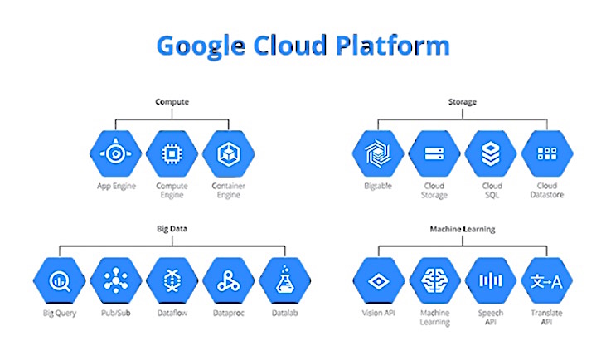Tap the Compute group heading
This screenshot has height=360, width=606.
click(172, 102)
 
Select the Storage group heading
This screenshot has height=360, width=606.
click(463, 102)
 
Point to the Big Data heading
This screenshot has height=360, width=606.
click(170, 226)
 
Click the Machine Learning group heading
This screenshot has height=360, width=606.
click(462, 226)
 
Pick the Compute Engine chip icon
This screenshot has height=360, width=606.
click(171, 153)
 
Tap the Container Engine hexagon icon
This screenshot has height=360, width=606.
click(227, 153)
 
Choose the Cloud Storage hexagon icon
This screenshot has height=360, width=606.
click(434, 153)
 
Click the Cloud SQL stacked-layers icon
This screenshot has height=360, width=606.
click(491, 153)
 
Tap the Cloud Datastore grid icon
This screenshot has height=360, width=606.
click(546, 153)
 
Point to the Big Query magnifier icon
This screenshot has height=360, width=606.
click(59, 280)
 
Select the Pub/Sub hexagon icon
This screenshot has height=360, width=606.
click(114, 280)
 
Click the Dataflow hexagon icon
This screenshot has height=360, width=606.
click(170, 280)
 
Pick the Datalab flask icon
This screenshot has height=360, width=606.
click(283, 280)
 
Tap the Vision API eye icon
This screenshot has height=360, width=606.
click(377, 280)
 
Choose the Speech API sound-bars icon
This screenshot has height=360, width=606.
click(490, 280)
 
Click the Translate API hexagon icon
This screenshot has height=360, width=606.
click(546, 280)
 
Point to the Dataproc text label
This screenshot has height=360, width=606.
click(226, 314)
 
